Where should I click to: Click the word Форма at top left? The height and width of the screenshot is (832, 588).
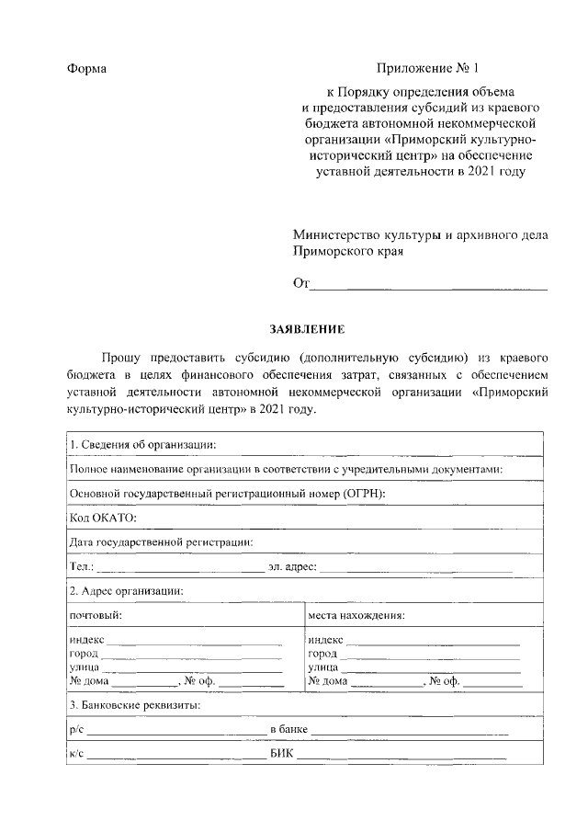(87, 70)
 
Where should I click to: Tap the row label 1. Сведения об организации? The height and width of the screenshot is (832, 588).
(142, 445)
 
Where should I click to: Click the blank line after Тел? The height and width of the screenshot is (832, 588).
(179, 566)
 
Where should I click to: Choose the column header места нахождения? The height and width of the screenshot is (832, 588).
(357, 615)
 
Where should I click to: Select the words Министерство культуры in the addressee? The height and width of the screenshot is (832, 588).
(367, 234)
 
